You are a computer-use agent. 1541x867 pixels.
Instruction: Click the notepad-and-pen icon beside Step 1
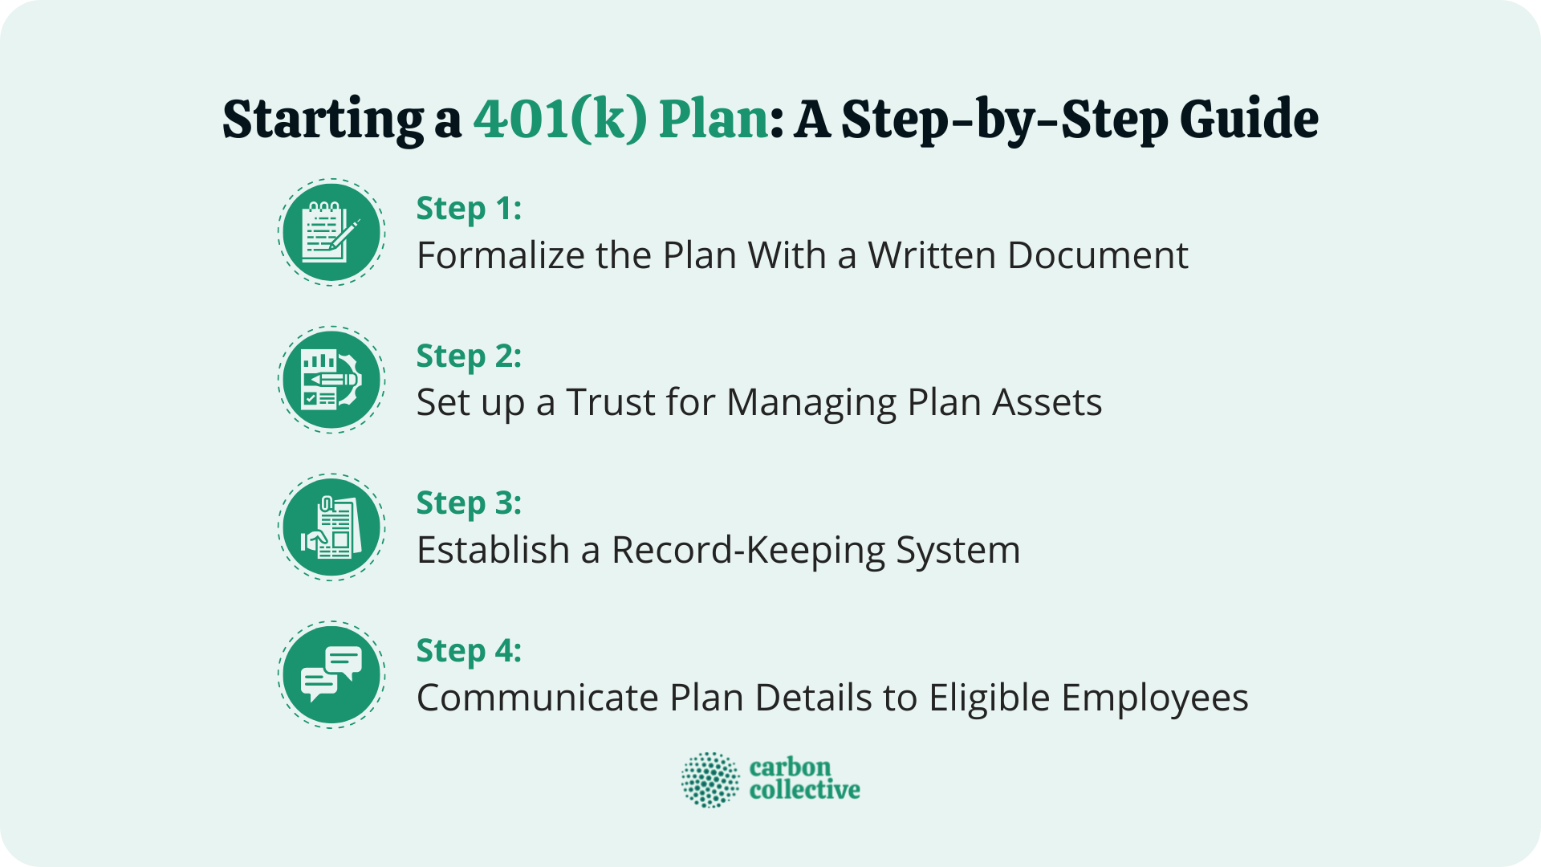(x=331, y=233)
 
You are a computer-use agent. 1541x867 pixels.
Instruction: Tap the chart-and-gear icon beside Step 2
(x=331, y=380)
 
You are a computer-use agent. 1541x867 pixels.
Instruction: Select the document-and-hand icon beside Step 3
(x=331, y=527)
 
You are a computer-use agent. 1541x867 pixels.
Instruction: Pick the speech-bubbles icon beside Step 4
(x=331, y=674)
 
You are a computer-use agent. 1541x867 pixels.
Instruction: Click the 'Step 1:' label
(x=469, y=209)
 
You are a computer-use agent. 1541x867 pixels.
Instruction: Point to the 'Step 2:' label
(x=469, y=356)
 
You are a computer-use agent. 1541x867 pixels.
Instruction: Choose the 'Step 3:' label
(x=469, y=503)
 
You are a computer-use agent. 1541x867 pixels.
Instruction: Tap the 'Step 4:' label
(x=469, y=651)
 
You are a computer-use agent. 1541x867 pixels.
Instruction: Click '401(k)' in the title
(x=559, y=119)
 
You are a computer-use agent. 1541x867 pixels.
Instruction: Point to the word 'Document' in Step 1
(x=1097, y=255)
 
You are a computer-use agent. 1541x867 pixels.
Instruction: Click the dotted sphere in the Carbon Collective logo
(x=710, y=779)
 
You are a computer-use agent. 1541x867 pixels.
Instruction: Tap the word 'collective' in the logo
(x=804, y=791)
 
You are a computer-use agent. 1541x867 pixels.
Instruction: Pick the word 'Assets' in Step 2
(x=1047, y=402)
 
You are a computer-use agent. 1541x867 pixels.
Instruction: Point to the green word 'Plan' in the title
(x=714, y=120)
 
